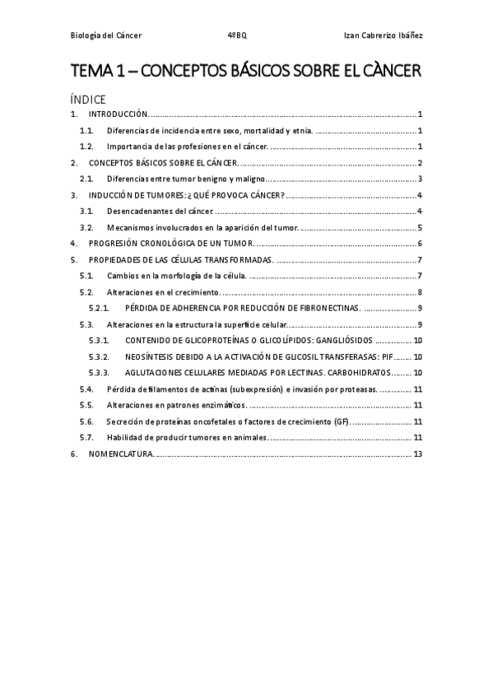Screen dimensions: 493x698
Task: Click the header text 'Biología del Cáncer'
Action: (x=105, y=35)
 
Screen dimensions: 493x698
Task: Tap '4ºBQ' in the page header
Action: (x=237, y=35)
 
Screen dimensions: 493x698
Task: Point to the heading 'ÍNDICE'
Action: (x=88, y=99)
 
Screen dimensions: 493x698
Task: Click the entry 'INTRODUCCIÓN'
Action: (x=118, y=115)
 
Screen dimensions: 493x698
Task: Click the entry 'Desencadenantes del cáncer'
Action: (x=153, y=211)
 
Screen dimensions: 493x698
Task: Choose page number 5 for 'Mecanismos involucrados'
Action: (x=420, y=227)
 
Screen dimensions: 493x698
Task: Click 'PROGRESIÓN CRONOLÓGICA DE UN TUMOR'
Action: (x=171, y=244)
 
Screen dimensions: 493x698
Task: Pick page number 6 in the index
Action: (x=420, y=244)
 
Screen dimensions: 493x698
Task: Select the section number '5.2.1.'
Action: (x=100, y=308)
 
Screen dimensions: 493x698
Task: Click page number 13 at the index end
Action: (x=418, y=453)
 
